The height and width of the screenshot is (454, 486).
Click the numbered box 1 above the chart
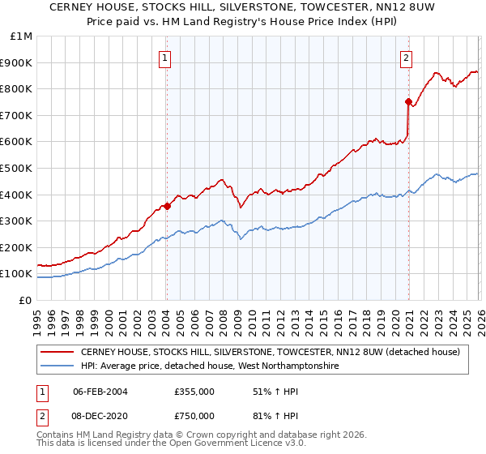click(165, 58)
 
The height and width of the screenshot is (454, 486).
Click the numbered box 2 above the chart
click(405, 58)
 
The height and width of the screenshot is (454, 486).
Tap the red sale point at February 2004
click(167, 206)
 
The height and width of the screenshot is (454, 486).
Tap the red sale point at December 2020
click(408, 101)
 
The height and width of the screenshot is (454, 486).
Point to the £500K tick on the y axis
click(18, 168)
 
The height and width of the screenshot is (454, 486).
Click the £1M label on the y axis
click(22, 36)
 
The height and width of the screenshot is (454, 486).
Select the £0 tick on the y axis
click(26, 300)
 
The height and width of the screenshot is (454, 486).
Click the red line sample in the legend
click(58, 352)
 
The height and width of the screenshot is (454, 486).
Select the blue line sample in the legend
click(58, 366)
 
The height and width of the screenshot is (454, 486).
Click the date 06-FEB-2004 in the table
click(101, 391)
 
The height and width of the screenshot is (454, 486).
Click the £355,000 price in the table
click(194, 391)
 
